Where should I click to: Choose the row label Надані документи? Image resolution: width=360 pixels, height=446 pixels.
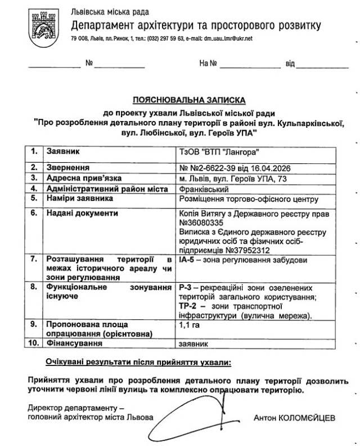coord(82,213)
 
